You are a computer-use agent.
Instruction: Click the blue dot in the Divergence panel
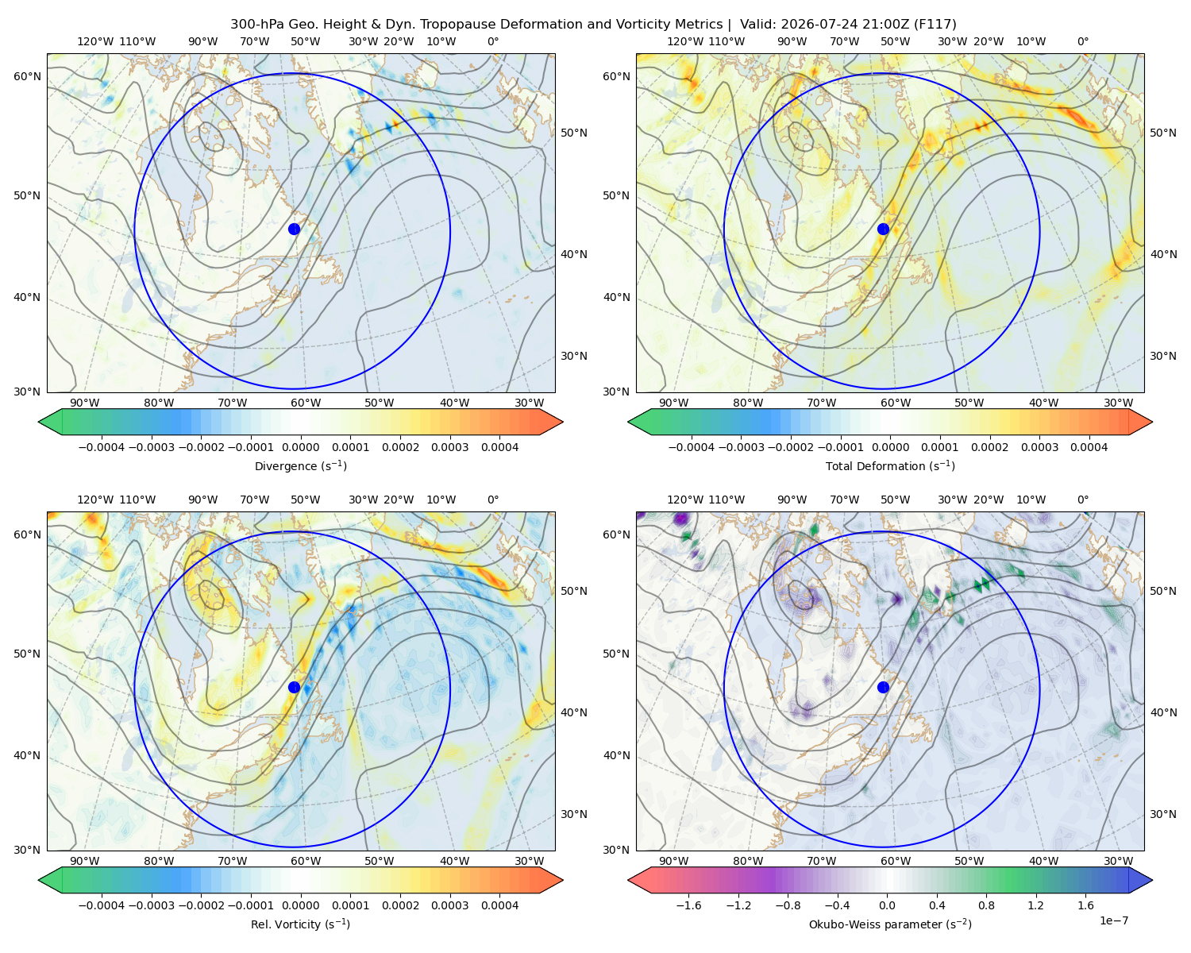tap(294, 230)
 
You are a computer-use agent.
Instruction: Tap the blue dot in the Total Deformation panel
tap(883, 230)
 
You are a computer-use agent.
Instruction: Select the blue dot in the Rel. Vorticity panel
tap(294, 687)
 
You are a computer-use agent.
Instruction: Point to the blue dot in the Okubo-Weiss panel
tap(883, 687)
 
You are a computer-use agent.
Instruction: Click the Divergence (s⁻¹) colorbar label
tap(300, 465)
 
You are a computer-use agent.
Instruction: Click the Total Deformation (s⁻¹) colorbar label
tap(890, 465)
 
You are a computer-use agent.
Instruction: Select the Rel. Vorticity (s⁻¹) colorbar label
tap(300, 924)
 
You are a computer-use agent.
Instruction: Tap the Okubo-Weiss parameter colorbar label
tap(890, 924)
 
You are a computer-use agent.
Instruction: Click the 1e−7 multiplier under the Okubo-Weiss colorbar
tap(1113, 920)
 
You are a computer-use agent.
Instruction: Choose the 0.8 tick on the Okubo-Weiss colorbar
tap(986, 905)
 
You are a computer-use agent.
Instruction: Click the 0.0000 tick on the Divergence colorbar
tap(300, 447)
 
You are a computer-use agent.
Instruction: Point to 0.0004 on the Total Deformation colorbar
tap(1089, 447)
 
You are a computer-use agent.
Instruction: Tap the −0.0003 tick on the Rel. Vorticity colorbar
tap(151, 905)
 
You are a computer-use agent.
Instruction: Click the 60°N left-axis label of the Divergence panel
tap(27, 76)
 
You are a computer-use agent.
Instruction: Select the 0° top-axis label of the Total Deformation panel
tap(1082, 41)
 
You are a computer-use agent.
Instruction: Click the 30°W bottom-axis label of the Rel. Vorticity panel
tap(529, 861)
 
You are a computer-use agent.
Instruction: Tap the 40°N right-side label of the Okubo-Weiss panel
tap(1162, 712)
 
